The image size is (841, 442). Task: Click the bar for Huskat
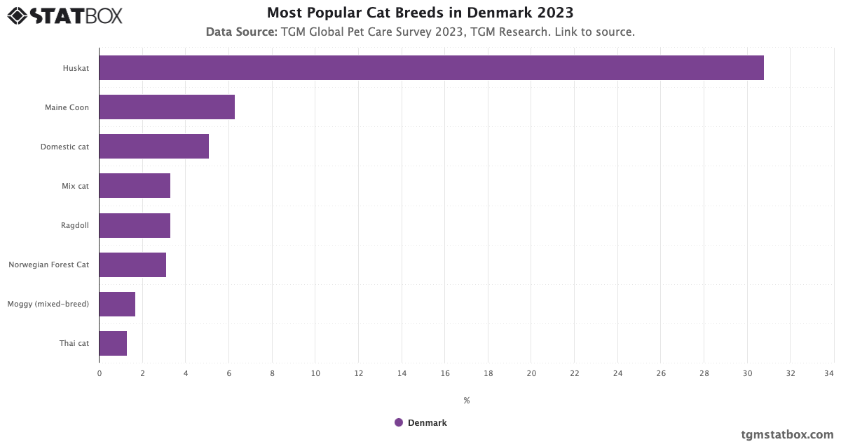(431, 68)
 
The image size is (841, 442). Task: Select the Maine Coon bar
(167, 107)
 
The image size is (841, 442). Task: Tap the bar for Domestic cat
(153, 147)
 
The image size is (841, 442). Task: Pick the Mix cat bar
(135, 186)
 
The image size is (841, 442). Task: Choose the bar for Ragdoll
(135, 225)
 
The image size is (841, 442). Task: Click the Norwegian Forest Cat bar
(132, 264)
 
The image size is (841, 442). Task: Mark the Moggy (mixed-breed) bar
(117, 304)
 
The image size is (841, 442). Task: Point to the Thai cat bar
(113, 343)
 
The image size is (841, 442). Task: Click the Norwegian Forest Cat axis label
(48, 264)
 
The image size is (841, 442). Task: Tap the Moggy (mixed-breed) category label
(48, 304)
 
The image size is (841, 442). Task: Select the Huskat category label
(76, 68)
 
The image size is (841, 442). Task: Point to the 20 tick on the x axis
(531, 373)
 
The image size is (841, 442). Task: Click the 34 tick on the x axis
(829, 373)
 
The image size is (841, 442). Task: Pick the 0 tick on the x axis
(100, 373)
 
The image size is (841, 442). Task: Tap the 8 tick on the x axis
(272, 373)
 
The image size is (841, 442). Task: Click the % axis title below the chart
(466, 401)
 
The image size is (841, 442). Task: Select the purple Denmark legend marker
(399, 422)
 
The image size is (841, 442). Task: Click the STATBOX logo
(65, 15)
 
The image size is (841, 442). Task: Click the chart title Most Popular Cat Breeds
(420, 13)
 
